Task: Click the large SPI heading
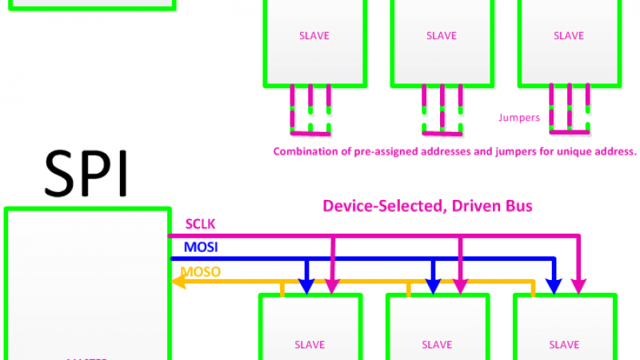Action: pos(86,173)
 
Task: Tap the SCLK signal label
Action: pos(200,223)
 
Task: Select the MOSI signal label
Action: pos(201,247)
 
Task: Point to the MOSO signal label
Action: pos(201,271)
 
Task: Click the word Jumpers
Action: pos(519,118)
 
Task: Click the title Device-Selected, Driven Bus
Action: pos(427,206)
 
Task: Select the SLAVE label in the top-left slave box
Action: pos(314,36)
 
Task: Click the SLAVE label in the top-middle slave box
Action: pos(442,36)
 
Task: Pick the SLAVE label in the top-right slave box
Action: pos(569,36)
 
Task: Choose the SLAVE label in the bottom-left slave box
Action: pos(310,345)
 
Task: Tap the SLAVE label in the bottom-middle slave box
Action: pos(437,345)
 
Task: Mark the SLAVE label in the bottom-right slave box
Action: pos(564,345)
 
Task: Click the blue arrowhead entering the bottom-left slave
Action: pos(306,286)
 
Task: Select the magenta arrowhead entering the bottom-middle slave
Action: pos(461,286)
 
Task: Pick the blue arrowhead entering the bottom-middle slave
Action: pos(433,286)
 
